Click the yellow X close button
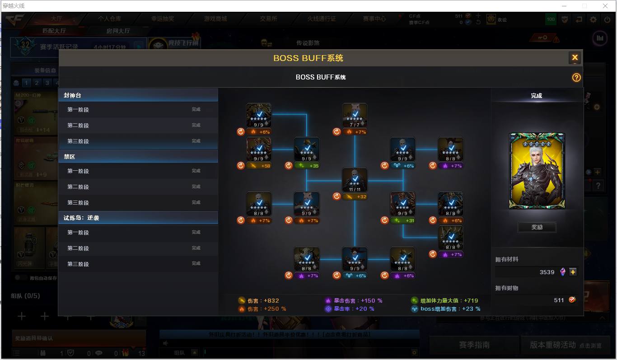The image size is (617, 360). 575,57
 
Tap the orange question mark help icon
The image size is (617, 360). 576,77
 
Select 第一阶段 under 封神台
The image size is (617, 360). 138,110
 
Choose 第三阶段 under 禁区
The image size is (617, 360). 138,203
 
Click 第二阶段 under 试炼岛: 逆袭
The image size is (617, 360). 138,248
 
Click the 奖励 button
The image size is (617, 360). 537,227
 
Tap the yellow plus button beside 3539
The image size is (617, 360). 573,272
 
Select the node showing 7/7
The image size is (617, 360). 355,115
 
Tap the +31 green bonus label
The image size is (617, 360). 403,220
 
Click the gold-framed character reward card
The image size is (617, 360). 537,171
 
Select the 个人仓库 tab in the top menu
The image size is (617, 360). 109,19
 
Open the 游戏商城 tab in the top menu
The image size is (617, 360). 215,19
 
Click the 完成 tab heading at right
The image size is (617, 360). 536,96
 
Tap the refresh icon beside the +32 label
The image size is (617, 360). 337,196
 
